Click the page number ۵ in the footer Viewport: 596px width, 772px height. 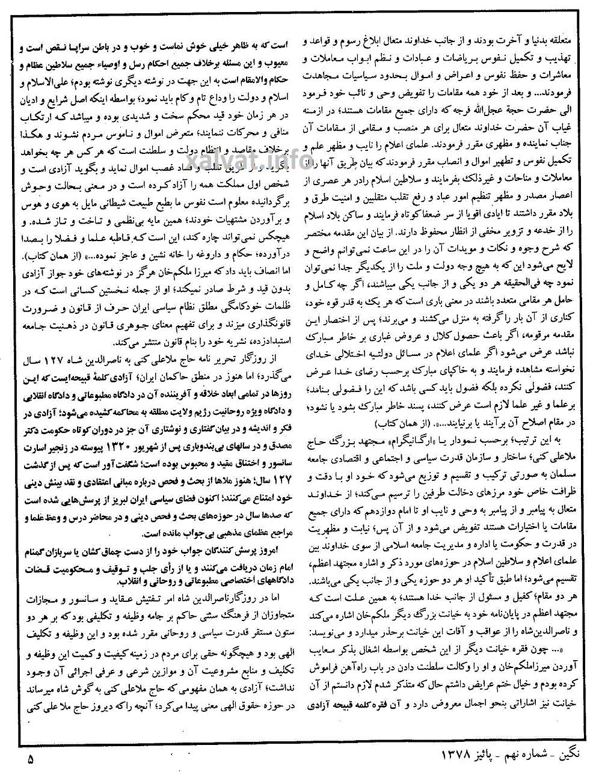point(31,759)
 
